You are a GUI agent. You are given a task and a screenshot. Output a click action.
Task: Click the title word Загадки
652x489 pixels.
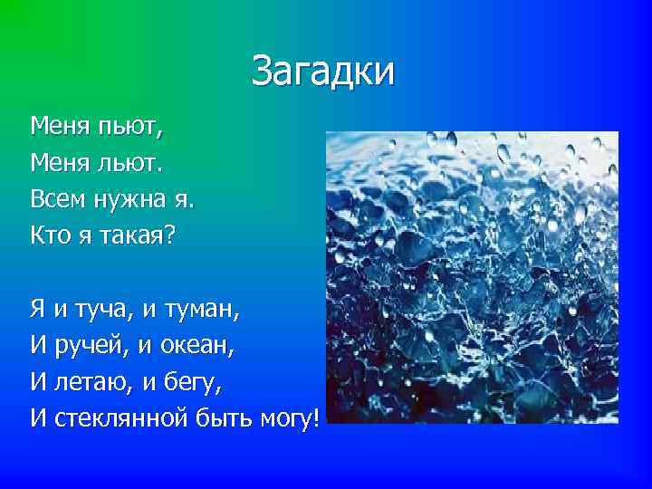tap(323, 72)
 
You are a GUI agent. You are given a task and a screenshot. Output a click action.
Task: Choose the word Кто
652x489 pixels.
tap(51, 235)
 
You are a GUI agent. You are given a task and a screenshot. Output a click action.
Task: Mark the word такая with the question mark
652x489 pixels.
tap(150, 235)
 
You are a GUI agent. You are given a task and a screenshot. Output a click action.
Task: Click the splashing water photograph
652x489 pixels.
tap(471, 277)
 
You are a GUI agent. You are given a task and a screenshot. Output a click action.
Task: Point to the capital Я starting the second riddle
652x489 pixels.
tap(39, 310)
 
